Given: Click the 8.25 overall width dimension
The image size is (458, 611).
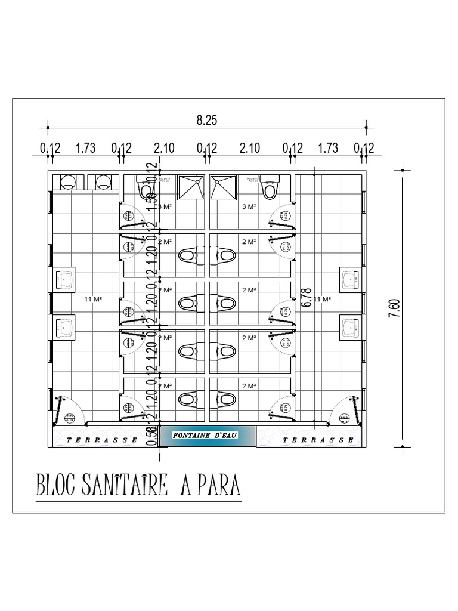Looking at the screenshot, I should click(x=207, y=120).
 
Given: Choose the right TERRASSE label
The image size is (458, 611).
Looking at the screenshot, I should click(x=318, y=440).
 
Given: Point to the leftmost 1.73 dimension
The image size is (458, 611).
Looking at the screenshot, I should click(x=86, y=148).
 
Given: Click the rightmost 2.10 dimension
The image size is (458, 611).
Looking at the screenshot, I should click(x=250, y=148).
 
